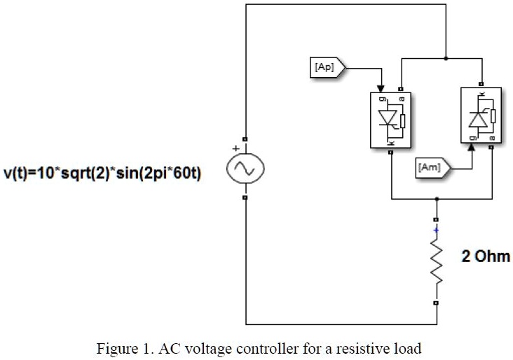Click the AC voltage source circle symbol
click(x=245, y=169)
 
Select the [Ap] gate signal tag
click(x=325, y=67)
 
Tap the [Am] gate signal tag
click(x=430, y=167)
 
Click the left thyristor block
click(x=390, y=119)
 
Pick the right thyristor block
click(x=481, y=116)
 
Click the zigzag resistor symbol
click(x=437, y=264)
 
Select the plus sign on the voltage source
click(x=236, y=148)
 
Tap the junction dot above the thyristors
click(x=446, y=58)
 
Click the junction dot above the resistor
click(x=437, y=199)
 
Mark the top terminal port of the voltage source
click(x=245, y=139)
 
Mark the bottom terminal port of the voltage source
click(x=245, y=198)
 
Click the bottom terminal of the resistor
click(x=437, y=303)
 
